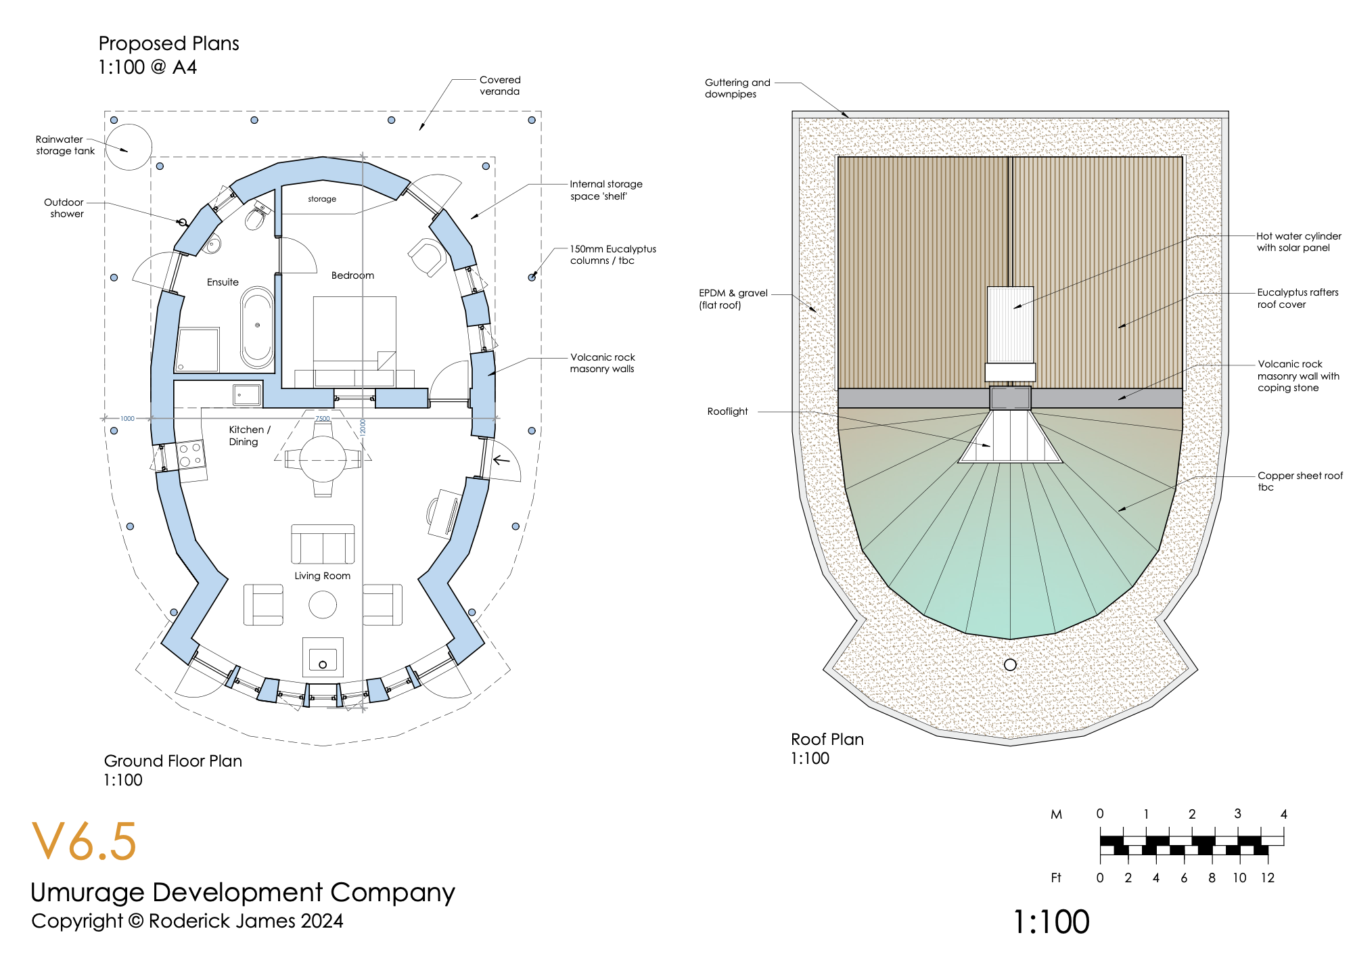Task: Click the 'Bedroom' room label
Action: coord(352,275)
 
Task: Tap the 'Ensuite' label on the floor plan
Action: coord(223,282)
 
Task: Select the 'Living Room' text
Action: coord(322,576)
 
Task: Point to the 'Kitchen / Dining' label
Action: coord(248,436)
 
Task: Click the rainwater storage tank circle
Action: coord(129,147)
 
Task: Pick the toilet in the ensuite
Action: coord(256,217)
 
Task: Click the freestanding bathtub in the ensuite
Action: coord(257,327)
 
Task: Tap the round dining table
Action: coord(323,459)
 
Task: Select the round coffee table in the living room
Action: coord(323,605)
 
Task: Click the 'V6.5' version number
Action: coord(84,842)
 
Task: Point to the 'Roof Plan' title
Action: coord(827,740)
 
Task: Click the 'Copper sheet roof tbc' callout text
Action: coord(1300,481)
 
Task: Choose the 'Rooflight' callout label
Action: coord(727,411)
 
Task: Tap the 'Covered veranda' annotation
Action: coord(500,86)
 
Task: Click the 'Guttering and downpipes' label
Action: coord(737,88)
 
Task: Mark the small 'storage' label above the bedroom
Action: coord(322,199)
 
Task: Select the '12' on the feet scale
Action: coord(1267,878)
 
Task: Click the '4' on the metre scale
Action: coord(1283,814)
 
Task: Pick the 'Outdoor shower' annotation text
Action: coord(65,208)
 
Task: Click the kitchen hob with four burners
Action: coord(191,455)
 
